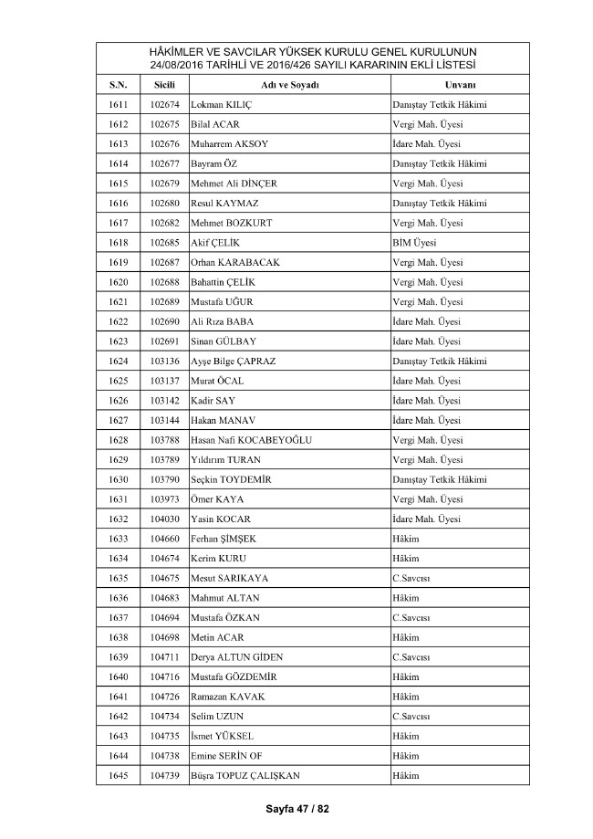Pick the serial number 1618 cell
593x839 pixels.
pos(118,243)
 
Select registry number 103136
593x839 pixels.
pos(164,361)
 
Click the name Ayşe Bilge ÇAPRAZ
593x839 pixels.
pos(234,361)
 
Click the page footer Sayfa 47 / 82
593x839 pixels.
pos(296,809)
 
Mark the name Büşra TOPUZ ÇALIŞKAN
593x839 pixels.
pos(245,775)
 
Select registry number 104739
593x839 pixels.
pos(164,775)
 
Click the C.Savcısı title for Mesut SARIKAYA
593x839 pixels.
pos(411,578)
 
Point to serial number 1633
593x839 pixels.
pos(118,539)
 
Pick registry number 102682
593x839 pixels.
pos(164,223)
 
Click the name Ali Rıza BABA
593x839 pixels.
pos(223,321)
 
